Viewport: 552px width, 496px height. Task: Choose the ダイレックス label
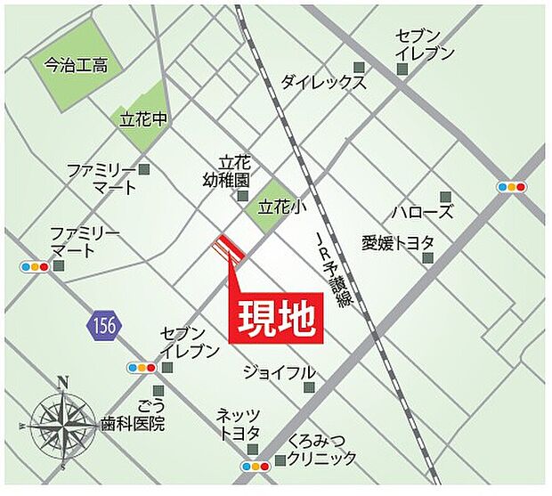pyautogui.click(x=323, y=83)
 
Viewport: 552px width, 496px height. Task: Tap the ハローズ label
pyautogui.click(x=423, y=212)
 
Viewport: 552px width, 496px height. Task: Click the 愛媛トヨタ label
pyautogui.click(x=398, y=242)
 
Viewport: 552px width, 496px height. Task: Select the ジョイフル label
pyautogui.click(x=280, y=372)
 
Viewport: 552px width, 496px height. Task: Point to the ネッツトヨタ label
pyautogui.click(x=237, y=424)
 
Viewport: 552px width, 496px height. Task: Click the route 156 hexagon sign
pyautogui.click(x=102, y=325)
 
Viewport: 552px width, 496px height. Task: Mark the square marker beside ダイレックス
pyautogui.click(x=359, y=67)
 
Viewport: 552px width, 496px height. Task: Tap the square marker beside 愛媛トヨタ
pyautogui.click(x=428, y=258)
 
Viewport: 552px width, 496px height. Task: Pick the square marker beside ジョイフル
pyautogui.click(x=309, y=387)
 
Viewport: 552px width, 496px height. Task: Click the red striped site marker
pyautogui.click(x=230, y=250)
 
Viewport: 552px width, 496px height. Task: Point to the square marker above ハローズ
pyautogui.click(x=445, y=195)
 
